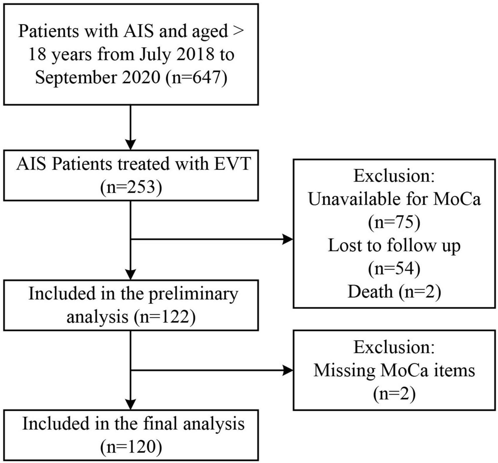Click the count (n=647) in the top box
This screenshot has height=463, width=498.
(196, 78)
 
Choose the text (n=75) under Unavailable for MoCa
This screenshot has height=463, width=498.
(394, 223)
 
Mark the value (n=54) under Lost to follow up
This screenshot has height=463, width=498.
(394, 269)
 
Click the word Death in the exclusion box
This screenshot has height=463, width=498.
(370, 292)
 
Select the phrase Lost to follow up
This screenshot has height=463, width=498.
(394, 246)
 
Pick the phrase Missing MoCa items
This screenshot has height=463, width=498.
(394, 370)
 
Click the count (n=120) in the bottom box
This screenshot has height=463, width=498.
(131, 446)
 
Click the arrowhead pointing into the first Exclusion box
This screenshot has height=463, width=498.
(288, 239)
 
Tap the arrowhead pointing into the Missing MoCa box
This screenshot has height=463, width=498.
(288, 370)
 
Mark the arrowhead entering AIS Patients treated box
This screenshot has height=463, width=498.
(131, 144)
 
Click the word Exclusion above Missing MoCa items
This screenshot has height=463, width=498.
(394, 346)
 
